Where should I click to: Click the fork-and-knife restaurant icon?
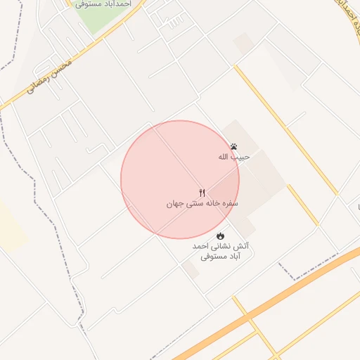click(x=202, y=193)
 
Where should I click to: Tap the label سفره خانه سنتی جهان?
click(x=202, y=203)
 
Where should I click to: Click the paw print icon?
click(x=233, y=146)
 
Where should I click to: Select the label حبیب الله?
click(x=233, y=157)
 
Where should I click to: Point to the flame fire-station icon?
click(x=220, y=236)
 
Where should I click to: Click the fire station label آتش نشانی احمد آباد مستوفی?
click(x=220, y=252)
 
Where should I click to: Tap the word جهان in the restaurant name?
click(x=174, y=204)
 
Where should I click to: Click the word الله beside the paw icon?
click(x=225, y=157)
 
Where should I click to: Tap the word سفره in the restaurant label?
click(x=231, y=202)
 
